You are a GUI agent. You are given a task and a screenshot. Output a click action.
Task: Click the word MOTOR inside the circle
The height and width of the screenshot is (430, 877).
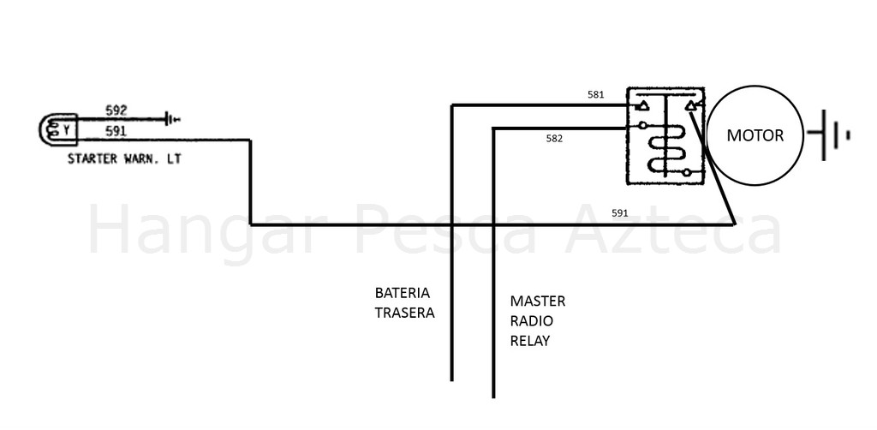[x=755, y=135]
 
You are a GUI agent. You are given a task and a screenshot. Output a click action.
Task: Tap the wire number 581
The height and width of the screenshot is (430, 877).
[x=596, y=94]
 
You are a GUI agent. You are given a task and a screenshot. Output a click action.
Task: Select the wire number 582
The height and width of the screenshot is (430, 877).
[x=554, y=139]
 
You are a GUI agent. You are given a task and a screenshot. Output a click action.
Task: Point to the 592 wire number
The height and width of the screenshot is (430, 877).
[x=116, y=110]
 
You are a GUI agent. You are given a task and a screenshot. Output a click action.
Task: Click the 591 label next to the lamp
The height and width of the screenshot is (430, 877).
[x=116, y=131]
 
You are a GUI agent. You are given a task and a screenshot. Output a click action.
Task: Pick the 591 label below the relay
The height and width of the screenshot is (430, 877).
[x=620, y=212]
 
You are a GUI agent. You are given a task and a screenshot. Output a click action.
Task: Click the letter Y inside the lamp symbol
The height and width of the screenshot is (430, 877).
[x=66, y=130]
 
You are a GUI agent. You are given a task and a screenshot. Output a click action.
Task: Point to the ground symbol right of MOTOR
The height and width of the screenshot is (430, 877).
[x=828, y=135]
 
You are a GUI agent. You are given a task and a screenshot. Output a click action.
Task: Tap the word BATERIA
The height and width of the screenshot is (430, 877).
[x=403, y=293]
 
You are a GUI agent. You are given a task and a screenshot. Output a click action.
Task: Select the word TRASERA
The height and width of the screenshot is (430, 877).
[x=404, y=313]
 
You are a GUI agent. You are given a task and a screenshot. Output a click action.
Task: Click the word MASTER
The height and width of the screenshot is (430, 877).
[x=538, y=302]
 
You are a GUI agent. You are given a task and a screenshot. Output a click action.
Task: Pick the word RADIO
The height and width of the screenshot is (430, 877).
[x=531, y=321]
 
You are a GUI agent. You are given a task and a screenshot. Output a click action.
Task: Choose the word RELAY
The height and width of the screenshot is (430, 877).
[x=529, y=341]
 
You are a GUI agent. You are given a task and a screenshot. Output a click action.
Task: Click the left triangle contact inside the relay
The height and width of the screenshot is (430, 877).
[x=644, y=105]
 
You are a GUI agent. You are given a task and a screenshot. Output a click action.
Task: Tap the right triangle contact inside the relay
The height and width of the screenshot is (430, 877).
[x=691, y=105]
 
